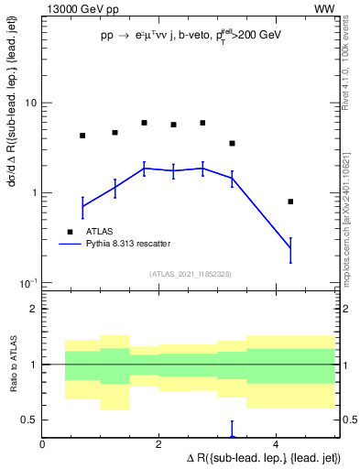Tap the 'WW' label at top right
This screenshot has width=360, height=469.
tap(324, 9)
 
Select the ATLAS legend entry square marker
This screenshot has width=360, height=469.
tap(70, 231)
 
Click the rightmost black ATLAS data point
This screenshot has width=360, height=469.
tap(290, 202)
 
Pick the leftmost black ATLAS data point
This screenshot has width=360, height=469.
tap(82, 136)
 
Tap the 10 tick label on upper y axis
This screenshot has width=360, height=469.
tap(29, 104)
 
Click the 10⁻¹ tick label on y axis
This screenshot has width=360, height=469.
tap(27, 283)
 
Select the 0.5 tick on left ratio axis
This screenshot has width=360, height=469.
tap(29, 420)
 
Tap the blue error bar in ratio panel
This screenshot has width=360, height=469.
tap(232, 430)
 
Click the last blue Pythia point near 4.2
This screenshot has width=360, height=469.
tap(290, 247)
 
